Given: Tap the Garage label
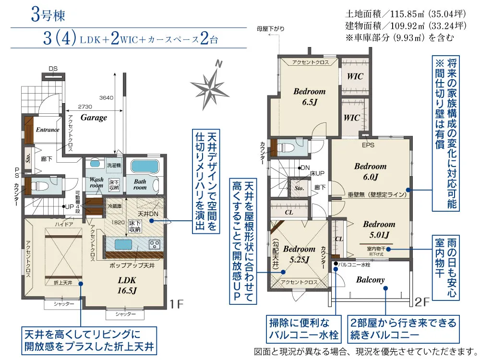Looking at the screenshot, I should click(x=94, y=118).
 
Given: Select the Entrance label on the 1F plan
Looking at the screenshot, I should click(x=48, y=130).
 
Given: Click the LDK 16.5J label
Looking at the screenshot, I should click(x=126, y=285).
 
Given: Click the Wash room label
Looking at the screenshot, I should click(x=96, y=183).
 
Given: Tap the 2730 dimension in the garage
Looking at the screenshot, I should click(x=85, y=106).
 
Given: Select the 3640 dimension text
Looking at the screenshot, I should click(x=106, y=98).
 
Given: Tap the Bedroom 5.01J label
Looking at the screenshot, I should click(x=379, y=229).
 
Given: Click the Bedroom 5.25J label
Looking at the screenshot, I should click(x=299, y=254).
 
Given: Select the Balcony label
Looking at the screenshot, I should click(x=370, y=280).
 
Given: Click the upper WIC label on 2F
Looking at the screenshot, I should click(x=355, y=76).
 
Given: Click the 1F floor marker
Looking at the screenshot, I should click(x=177, y=303).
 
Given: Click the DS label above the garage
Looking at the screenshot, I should click(x=53, y=69).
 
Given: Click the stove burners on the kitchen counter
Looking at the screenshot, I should click(x=155, y=244).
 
